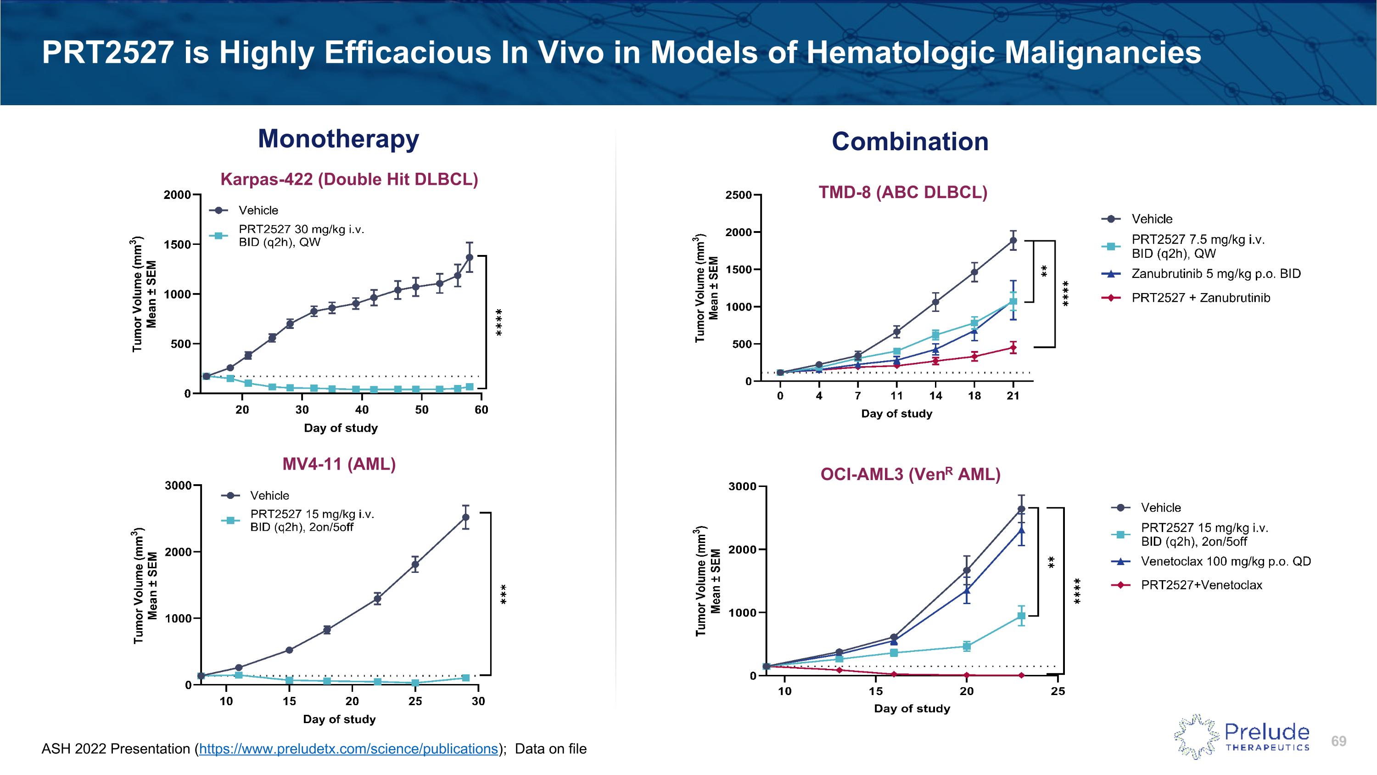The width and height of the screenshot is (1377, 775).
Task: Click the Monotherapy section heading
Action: click(x=338, y=139)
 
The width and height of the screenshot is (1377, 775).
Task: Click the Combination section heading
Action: click(x=910, y=142)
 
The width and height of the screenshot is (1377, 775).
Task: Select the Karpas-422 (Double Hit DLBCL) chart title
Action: click(x=349, y=179)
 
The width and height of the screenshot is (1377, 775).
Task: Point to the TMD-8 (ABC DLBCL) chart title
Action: click(x=903, y=192)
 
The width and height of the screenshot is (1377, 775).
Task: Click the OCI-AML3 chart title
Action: click(x=910, y=475)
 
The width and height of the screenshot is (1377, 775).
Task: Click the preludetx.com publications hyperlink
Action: click(x=348, y=749)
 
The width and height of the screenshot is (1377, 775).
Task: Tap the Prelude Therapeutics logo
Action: click(x=1241, y=736)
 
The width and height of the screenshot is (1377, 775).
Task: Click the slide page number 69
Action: click(x=1338, y=741)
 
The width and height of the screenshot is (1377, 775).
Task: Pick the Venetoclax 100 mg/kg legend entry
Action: click(x=1225, y=561)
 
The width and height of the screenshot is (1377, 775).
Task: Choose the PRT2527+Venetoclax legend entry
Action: click(x=1201, y=585)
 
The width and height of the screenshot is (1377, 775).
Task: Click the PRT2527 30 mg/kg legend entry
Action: click(x=301, y=235)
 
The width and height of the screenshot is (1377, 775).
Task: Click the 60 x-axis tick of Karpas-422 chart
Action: click(x=481, y=410)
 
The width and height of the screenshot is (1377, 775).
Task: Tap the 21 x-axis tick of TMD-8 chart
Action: click(x=1013, y=396)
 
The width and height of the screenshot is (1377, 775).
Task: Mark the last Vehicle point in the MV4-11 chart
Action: click(x=465, y=517)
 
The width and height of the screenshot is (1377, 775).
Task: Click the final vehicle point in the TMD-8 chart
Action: click(x=1013, y=241)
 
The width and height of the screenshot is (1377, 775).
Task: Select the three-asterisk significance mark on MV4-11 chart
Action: click(x=503, y=595)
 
